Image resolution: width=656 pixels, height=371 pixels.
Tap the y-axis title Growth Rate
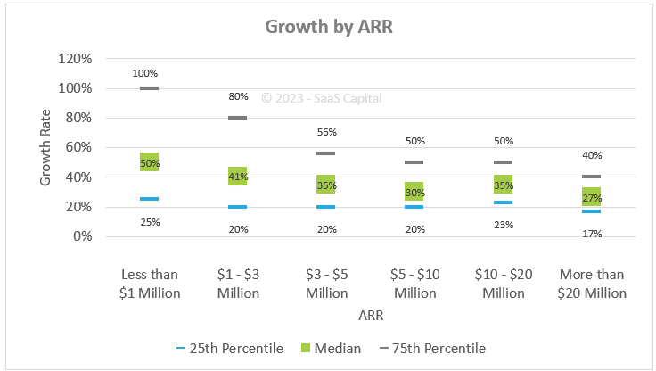pos(45,147)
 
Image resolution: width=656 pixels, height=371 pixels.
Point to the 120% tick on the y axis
pos(75,59)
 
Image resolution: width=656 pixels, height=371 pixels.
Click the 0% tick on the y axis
pos(80,236)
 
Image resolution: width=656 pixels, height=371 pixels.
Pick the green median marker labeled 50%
pos(149,162)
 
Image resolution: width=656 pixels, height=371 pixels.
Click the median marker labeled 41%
pos(238,177)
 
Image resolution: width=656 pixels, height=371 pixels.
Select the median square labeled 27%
pos(592,197)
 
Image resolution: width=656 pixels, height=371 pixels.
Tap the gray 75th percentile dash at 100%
pos(149,88)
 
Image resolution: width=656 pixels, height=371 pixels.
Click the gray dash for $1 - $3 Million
pos(238,118)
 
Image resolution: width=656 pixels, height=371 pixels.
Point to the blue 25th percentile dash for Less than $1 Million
pos(149,199)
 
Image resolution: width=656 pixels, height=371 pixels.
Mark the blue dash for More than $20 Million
pos(592,211)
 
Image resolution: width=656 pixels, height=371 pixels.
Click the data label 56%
pos(326,132)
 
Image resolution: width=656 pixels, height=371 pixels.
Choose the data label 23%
pos(504,225)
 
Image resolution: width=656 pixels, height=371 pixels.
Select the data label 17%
pos(592,234)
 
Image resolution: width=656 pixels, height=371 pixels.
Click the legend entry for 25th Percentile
pos(231,348)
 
